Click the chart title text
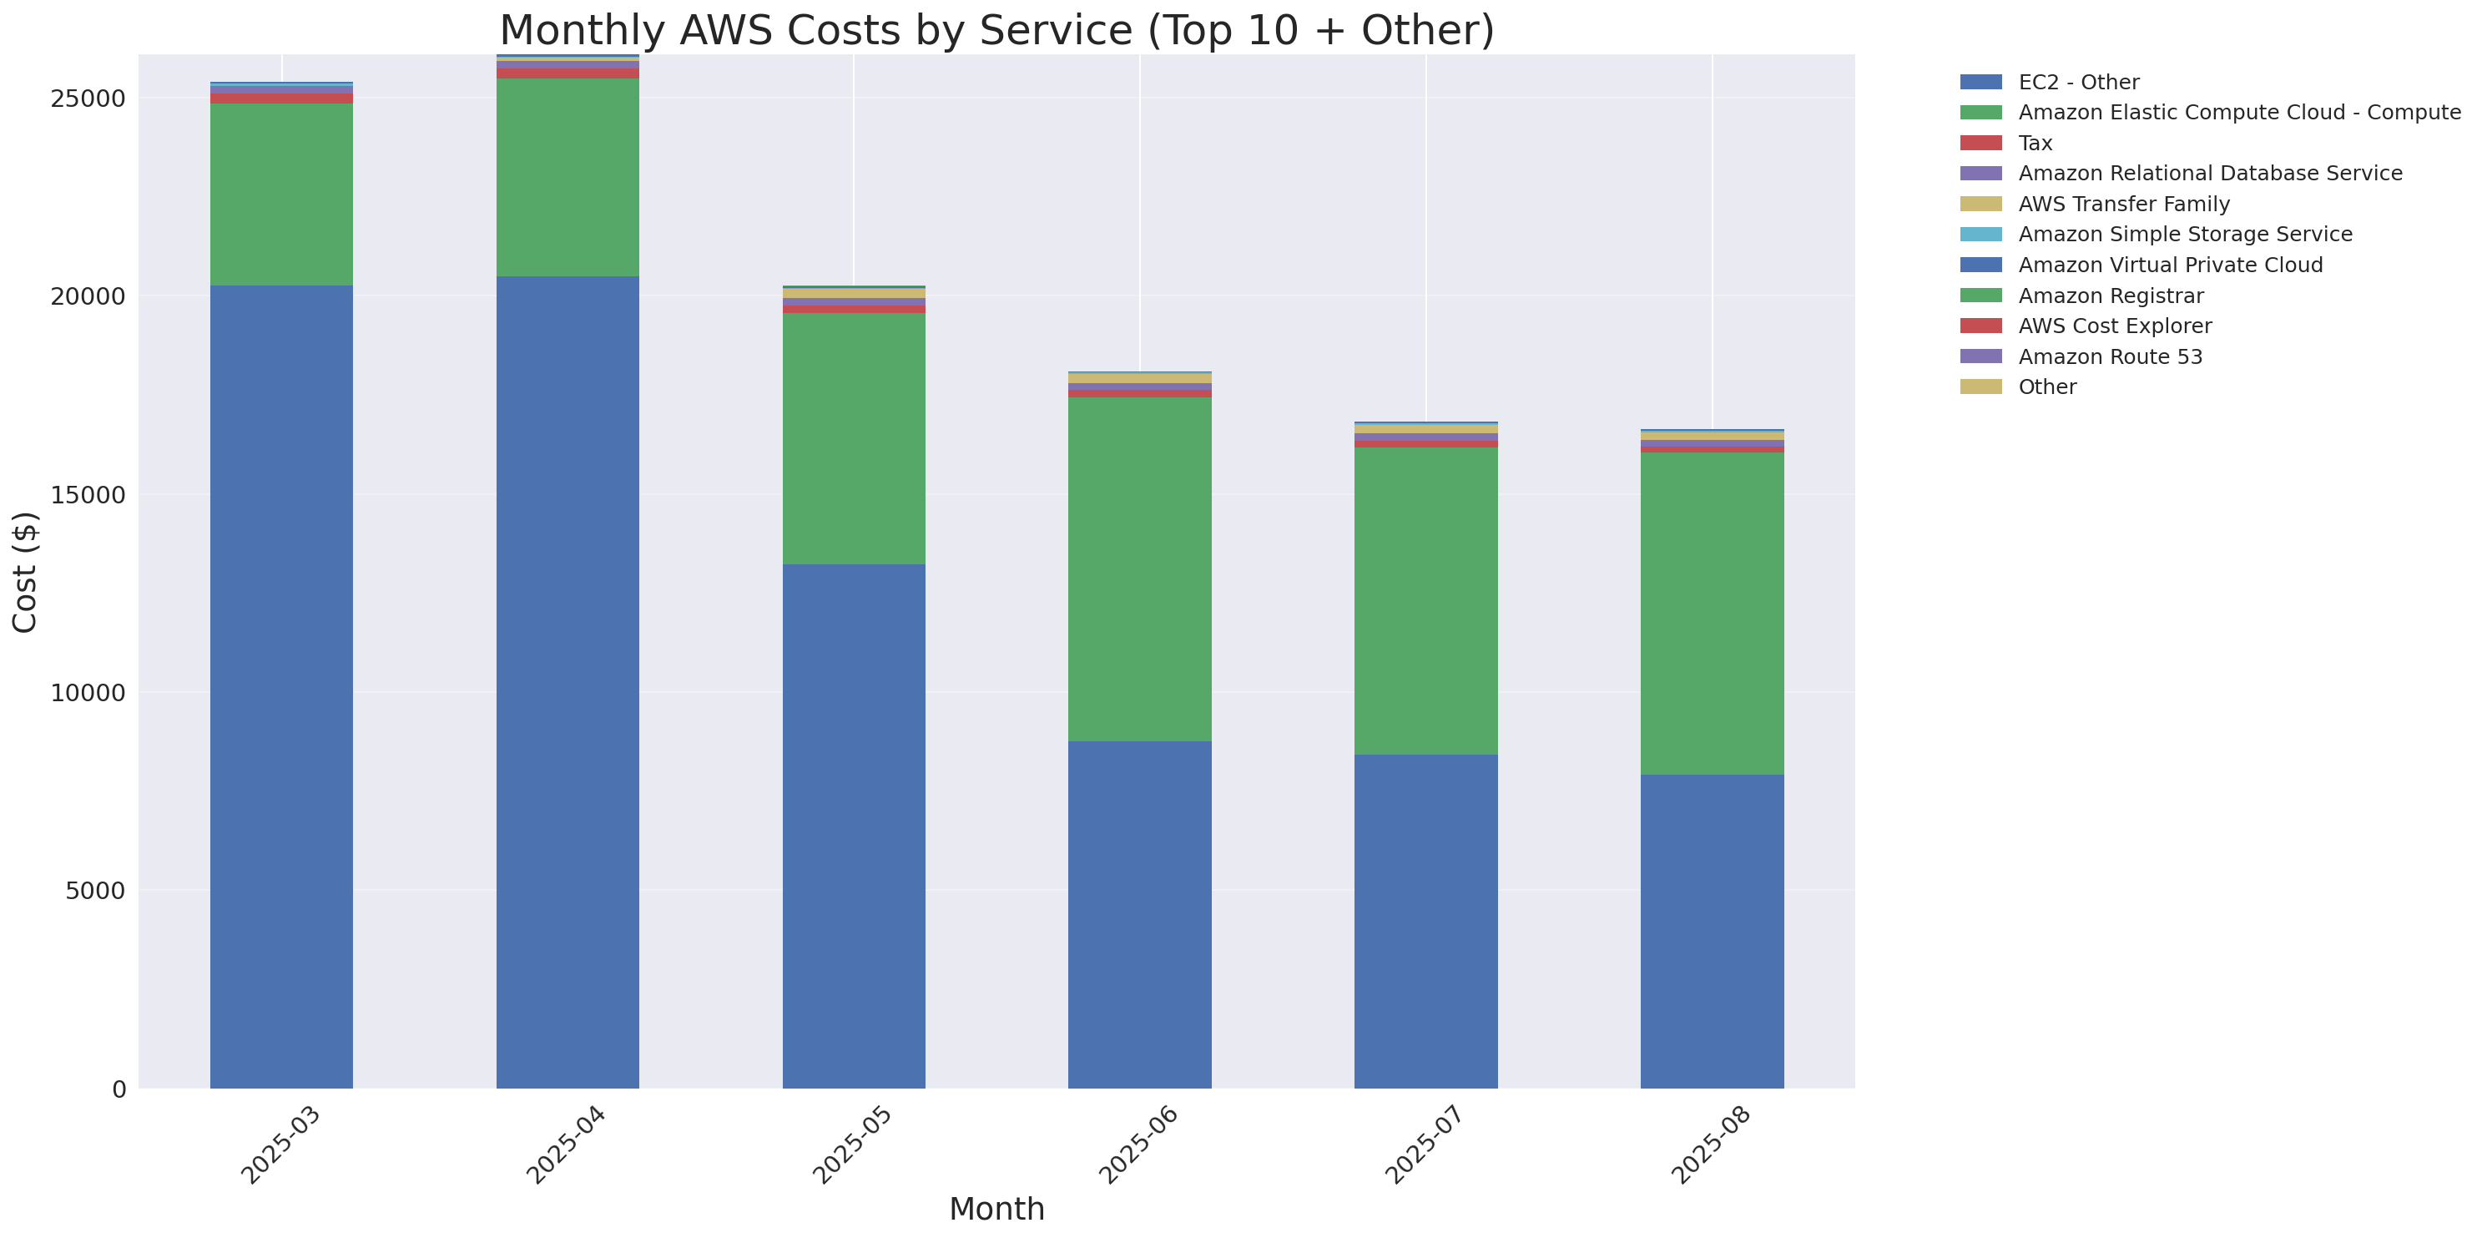coord(996,30)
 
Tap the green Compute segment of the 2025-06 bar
coord(1139,568)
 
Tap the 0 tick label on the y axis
coord(119,1089)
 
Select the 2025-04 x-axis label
coord(566,1145)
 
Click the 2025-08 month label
coord(1710,1145)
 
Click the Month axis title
coord(996,1208)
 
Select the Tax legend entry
coord(2035,144)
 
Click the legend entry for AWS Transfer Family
coord(2124,205)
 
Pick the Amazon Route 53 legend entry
coord(2110,356)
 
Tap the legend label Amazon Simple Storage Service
coord(2184,234)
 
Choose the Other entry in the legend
coord(2046,387)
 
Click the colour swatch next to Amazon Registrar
coord(1980,296)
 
